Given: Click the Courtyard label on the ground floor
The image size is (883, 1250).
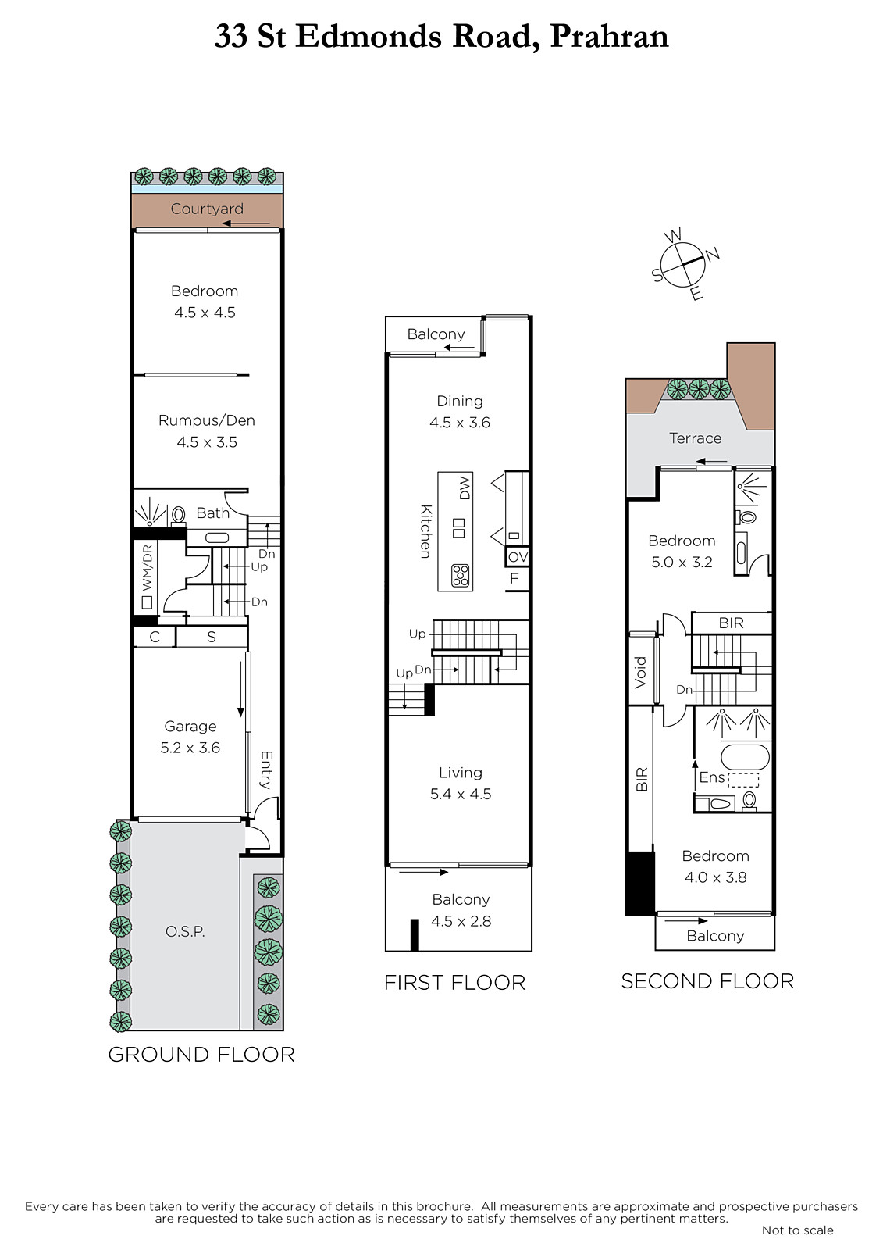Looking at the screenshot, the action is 207,209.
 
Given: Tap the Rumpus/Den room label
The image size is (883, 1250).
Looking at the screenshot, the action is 207,420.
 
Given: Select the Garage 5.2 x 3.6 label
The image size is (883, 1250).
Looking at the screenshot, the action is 190,737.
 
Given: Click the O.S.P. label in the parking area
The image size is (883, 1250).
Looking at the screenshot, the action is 185,931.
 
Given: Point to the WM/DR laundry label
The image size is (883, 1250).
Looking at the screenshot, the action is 148,567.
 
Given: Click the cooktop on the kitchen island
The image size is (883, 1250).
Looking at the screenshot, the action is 461,575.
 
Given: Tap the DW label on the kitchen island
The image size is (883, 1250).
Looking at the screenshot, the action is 465,487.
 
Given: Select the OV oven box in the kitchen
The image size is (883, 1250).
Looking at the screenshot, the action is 517,556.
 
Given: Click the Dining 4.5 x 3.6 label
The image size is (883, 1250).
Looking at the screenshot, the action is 460,412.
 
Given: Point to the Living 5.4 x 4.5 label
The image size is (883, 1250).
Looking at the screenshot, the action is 460,783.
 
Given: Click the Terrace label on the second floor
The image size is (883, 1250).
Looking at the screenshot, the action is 695,438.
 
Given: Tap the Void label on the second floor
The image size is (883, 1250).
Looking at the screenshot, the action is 640,673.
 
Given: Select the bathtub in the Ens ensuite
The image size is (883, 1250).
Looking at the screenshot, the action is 746,758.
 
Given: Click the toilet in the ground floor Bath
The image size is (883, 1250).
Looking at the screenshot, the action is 179,514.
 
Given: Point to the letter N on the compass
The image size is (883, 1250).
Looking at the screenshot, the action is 713,255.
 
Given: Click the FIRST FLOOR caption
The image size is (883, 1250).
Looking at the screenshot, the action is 454,983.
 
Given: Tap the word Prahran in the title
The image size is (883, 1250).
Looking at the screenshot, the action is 609,37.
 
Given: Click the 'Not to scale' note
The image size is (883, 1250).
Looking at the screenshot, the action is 798,1230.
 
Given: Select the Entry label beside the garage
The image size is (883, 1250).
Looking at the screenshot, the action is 266,770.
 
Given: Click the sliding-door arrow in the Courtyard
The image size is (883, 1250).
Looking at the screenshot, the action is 245,223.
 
